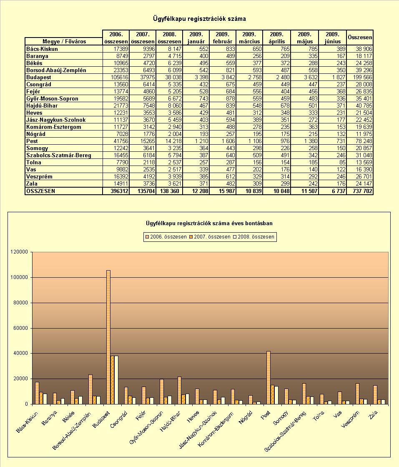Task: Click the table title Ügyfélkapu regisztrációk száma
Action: [x=199, y=19]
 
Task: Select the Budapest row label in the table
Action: [x=39, y=77]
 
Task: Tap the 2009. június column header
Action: [x=333, y=38]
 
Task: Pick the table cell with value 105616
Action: [x=115, y=77]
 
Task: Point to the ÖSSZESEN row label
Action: [x=40, y=191]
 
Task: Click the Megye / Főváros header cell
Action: [x=64, y=41]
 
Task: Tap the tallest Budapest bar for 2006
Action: [x=108, y=337]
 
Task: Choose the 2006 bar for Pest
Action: [x=268, y=378]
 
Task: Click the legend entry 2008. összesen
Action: [x=253, y=237]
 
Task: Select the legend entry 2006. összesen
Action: [x=166, y=237]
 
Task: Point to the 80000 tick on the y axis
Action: [x=19, y=303]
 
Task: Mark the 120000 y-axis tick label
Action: [x=19, y=252]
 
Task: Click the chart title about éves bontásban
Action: [x=209, y=223]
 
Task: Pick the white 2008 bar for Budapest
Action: [x=116, y=380]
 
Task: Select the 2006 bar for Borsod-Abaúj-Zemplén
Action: [x=90, y=389]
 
